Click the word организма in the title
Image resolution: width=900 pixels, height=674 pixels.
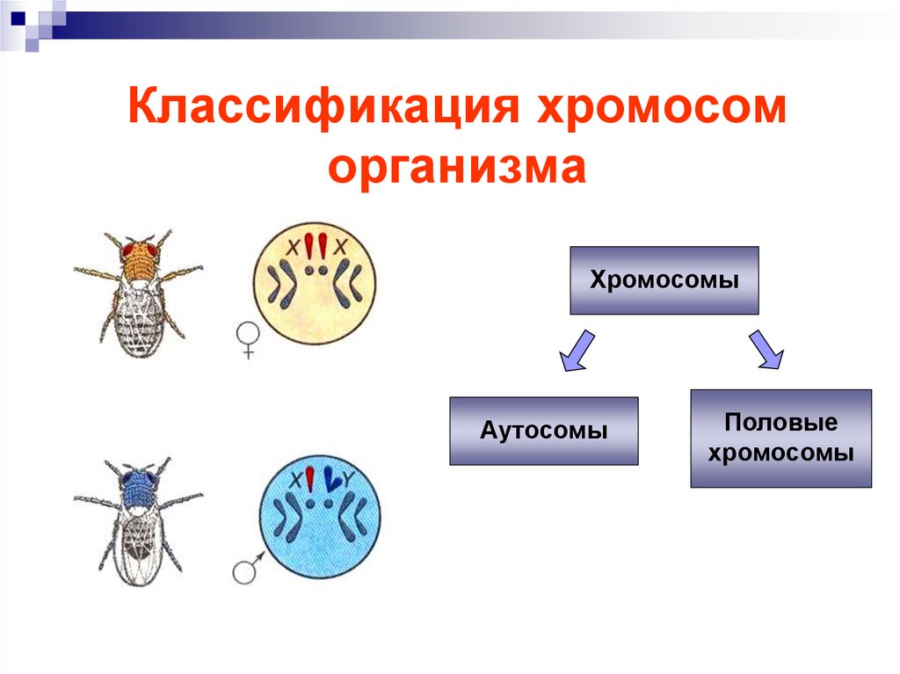pyautogui.click(x=457, y=167)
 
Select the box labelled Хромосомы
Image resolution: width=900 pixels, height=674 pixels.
pyautogui.click(x=664, y=280)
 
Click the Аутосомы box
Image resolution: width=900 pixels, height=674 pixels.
pyautogui.click(x=543, y=431)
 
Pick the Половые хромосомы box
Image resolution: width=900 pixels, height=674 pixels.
pyautogui.click(x=780, y=438)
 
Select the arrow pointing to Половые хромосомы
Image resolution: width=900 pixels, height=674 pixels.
pyautogui.click(x=766, y=350)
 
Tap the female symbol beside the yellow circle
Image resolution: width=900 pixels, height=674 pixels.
pyautogui.click(x=247, y=340)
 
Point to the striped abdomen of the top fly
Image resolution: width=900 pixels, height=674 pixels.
pyautogui.click(x=139, y=317)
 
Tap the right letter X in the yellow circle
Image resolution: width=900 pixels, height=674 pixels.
pyautogui.click(x=340, y=246)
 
